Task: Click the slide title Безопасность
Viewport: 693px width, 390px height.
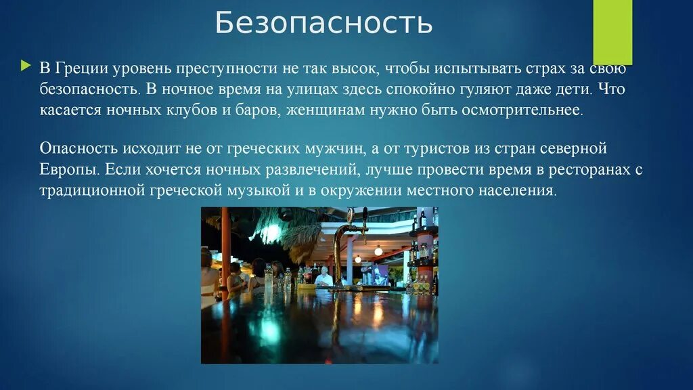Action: click(323, 23)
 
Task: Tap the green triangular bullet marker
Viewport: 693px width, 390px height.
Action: click(25, 66)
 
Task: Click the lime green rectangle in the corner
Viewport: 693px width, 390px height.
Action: click(612, 30)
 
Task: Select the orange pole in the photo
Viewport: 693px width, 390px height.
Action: click(225, 251)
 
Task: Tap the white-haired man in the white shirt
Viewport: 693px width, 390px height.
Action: click(323, 274)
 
